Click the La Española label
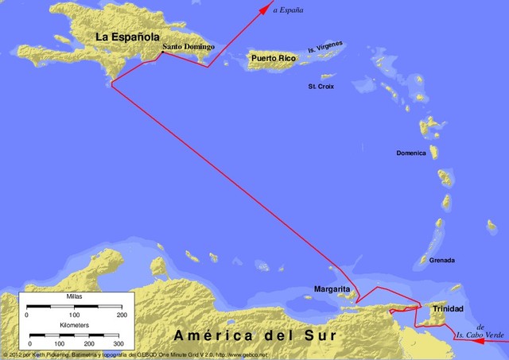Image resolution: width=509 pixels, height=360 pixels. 127,37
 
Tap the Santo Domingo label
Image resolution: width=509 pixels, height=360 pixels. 188,47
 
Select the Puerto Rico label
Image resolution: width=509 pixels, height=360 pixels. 271,58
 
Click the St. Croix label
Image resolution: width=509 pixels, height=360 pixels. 321,86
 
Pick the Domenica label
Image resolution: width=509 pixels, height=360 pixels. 413,153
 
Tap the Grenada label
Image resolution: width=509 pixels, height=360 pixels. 442,260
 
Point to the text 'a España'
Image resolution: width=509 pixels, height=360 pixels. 288,10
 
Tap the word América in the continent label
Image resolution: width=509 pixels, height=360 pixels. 207,336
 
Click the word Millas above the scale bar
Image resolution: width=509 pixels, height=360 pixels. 74,296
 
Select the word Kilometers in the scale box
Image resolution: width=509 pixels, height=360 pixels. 74,326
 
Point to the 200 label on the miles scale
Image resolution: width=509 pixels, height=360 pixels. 122,315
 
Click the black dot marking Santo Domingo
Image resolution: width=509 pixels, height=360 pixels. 161,54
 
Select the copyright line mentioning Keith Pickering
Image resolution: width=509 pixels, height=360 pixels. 119,355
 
